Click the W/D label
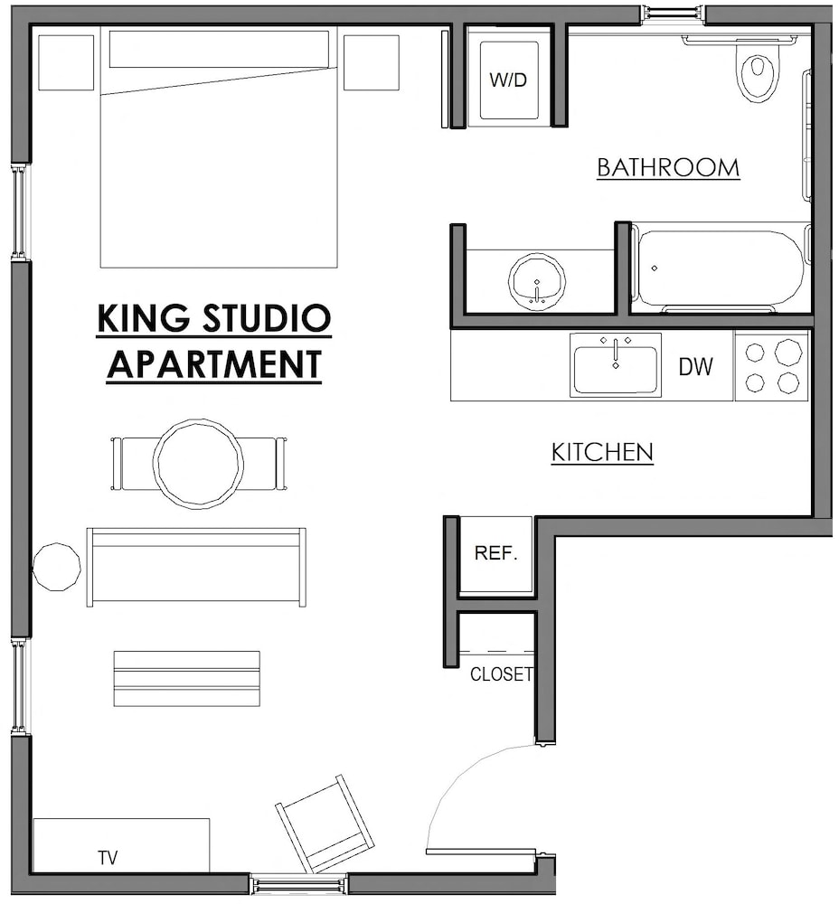coord(508,80)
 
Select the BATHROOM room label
coord(668,168)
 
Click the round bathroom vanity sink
coord(537,281)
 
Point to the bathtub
coord(720,268)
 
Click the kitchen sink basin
coord(615,365)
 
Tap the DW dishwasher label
coord(696,366)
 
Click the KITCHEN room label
coord(602,452)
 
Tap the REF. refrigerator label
coord(495,554)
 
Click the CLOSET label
coord(501,674)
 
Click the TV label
coord(108,857)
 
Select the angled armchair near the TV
coord(325,824)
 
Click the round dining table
coord(198,464)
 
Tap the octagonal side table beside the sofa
coord(56,567)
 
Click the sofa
coord(196,567)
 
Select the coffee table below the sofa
coord(187,678)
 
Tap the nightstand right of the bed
coord(371,62)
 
